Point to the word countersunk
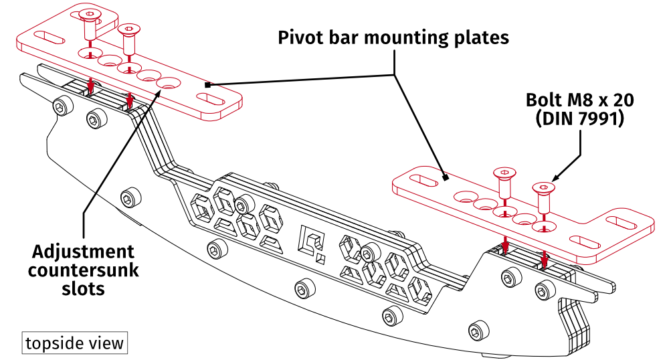tap(84, 270)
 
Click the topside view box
tap(74, 343)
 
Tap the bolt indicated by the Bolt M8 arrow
tap(543, 193)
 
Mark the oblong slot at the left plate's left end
tap(50, 36)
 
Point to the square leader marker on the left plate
tap(208, 84)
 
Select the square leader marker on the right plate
tap(446, 178)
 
